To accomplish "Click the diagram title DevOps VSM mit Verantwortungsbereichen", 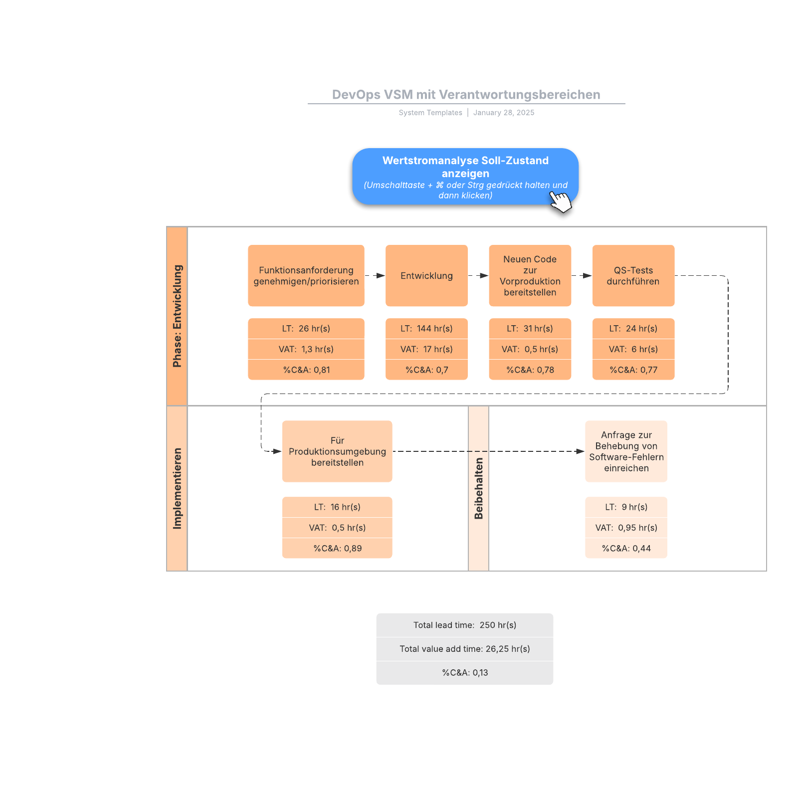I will pos(466,95).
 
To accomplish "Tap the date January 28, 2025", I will pos(503,113).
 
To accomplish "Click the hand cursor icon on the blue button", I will pos(561,202).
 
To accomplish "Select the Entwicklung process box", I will pos(426,276).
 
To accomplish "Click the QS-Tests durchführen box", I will pos(633,276).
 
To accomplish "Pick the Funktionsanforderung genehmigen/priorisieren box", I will pos(306,276).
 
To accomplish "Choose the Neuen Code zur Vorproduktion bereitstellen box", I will pos(530,276).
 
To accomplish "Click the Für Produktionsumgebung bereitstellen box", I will pos(337,451).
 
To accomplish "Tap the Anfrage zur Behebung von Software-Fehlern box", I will pos(626,451).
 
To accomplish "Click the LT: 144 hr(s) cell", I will pos(426,329).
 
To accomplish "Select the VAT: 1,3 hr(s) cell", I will pos(306,349).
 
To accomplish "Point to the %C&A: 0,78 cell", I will pos(530,370).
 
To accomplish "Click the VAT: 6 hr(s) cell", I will pos(633,349).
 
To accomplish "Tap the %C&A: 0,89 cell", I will pos(337,548).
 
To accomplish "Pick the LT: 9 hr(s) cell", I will pos(626,507).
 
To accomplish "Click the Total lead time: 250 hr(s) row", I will pos(464,625).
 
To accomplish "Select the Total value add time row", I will pos(464,649).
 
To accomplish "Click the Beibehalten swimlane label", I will pos(478,488).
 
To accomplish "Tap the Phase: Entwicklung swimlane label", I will pos(177,316).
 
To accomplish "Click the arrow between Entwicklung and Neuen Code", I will pos(478,276).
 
